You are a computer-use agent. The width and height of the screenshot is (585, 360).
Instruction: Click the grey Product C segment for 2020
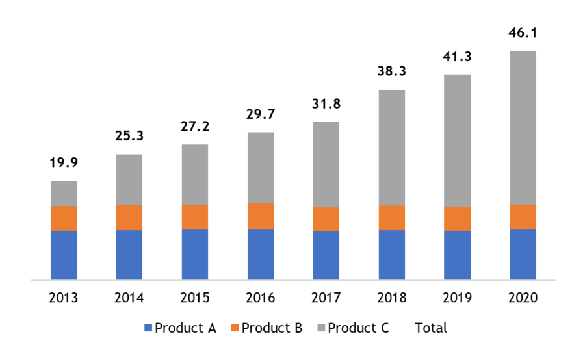click(x=523, y=127)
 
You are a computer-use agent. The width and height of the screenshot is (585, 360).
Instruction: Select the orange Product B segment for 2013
click(x=64, y=218)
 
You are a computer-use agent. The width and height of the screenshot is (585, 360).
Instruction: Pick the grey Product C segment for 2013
click(x=64, y=194)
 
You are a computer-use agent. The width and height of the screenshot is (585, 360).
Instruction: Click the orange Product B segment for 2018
click(x=391, y=218)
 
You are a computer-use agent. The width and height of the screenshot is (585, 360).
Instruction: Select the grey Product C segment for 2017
click(x=326, y=164)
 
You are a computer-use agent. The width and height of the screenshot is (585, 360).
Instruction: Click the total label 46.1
click(x=523, y=33)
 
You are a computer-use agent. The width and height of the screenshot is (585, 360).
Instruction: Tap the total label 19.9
click(x=64, y=162)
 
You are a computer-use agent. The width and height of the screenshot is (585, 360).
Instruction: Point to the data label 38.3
click(x=391, y=71)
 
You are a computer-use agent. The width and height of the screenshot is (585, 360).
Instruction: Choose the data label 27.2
click(x=195, y=126)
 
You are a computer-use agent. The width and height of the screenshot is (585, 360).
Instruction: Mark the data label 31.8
click(x=326, y=103)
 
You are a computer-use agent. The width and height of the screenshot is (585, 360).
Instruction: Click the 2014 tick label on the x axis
click(x=129, y=298)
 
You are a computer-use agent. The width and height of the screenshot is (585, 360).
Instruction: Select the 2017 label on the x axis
click(x=326, y=298)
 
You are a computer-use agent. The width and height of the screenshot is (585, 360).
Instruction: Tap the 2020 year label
click(x=523, y=298)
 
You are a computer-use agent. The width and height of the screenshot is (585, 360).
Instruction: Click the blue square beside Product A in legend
click(x=148, y=328)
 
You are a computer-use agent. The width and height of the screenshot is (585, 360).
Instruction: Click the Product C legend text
click(x=358, y=328)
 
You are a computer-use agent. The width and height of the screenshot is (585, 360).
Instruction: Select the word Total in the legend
click(x=431, y=328)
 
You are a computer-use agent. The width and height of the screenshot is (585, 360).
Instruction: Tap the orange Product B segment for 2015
click(x=195, y=217)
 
